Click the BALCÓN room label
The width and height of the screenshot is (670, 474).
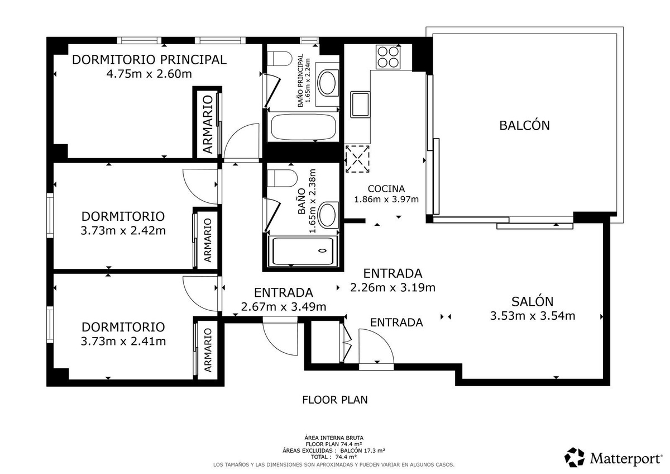coord(524,125)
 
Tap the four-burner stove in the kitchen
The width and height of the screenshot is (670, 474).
coord(388,57)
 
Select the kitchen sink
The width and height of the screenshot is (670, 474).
coord(360,105)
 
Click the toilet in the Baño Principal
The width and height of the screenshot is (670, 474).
coord(279,59)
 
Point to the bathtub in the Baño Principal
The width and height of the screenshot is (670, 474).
coord(303,127)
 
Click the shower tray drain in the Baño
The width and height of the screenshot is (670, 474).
coord(322,250)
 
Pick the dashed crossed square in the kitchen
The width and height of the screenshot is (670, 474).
coord(357,159)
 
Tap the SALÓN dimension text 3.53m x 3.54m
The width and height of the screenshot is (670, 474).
coord(533,316)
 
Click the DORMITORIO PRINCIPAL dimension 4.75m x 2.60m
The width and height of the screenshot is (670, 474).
coord(149,74)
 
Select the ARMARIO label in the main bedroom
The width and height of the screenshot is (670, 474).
coord(208,125)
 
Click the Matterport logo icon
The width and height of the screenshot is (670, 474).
coord(575,457)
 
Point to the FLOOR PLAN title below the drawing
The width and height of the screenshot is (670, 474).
coord(334,400)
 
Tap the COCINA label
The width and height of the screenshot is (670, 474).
coord(386,188)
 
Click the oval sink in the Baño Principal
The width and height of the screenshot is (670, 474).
coord(328,83)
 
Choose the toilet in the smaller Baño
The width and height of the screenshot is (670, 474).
coord(282,178)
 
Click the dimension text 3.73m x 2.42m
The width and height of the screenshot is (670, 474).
coord(123,231)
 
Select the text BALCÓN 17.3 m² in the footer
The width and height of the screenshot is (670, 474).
coord(362,451)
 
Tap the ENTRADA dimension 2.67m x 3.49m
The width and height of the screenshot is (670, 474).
coord(284,307)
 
